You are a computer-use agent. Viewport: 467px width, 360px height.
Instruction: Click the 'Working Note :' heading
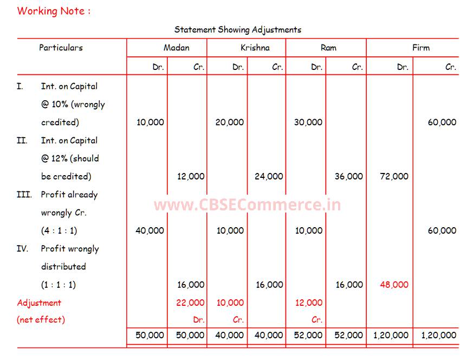click(x=54, y=11)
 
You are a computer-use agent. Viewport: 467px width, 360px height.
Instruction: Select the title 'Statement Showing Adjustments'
click(x=238, y=30)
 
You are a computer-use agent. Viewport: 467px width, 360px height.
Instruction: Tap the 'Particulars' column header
click(x=61, y=48)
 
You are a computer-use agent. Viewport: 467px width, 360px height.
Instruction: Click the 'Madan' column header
click(x=177, y=48)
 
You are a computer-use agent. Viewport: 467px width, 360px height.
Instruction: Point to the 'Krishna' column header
click(x=255, y=48)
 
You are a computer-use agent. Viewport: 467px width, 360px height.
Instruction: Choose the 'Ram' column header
click(x=328, y=48)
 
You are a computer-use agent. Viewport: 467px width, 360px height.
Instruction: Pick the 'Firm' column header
click(x=420, y=48)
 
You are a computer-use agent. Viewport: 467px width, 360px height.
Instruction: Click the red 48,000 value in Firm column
click(x=394, y=285)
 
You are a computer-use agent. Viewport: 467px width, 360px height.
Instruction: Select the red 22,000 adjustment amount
click(x=190, y=303)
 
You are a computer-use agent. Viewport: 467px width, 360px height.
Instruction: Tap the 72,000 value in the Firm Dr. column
click(x=394, y=176)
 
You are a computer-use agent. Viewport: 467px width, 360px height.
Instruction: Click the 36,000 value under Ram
click(x=349, y=176)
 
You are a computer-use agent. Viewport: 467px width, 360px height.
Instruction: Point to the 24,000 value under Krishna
click(x=269, y=176)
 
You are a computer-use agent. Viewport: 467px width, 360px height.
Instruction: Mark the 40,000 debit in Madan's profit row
click(x=150, y=230)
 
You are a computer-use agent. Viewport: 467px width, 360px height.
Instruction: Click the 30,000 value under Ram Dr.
click(x=308, y=122)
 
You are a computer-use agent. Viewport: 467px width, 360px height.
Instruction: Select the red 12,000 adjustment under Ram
click(x=308, y=303)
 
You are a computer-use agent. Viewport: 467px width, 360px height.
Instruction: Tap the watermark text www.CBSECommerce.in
click(x=247, y=205)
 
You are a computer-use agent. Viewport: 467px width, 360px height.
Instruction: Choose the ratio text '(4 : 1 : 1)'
click(x=59, y=230)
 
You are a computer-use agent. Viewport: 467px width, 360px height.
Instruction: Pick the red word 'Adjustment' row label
click(x=39, y=303)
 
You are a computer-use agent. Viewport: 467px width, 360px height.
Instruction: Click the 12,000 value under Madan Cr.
click(x=190, y=176)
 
